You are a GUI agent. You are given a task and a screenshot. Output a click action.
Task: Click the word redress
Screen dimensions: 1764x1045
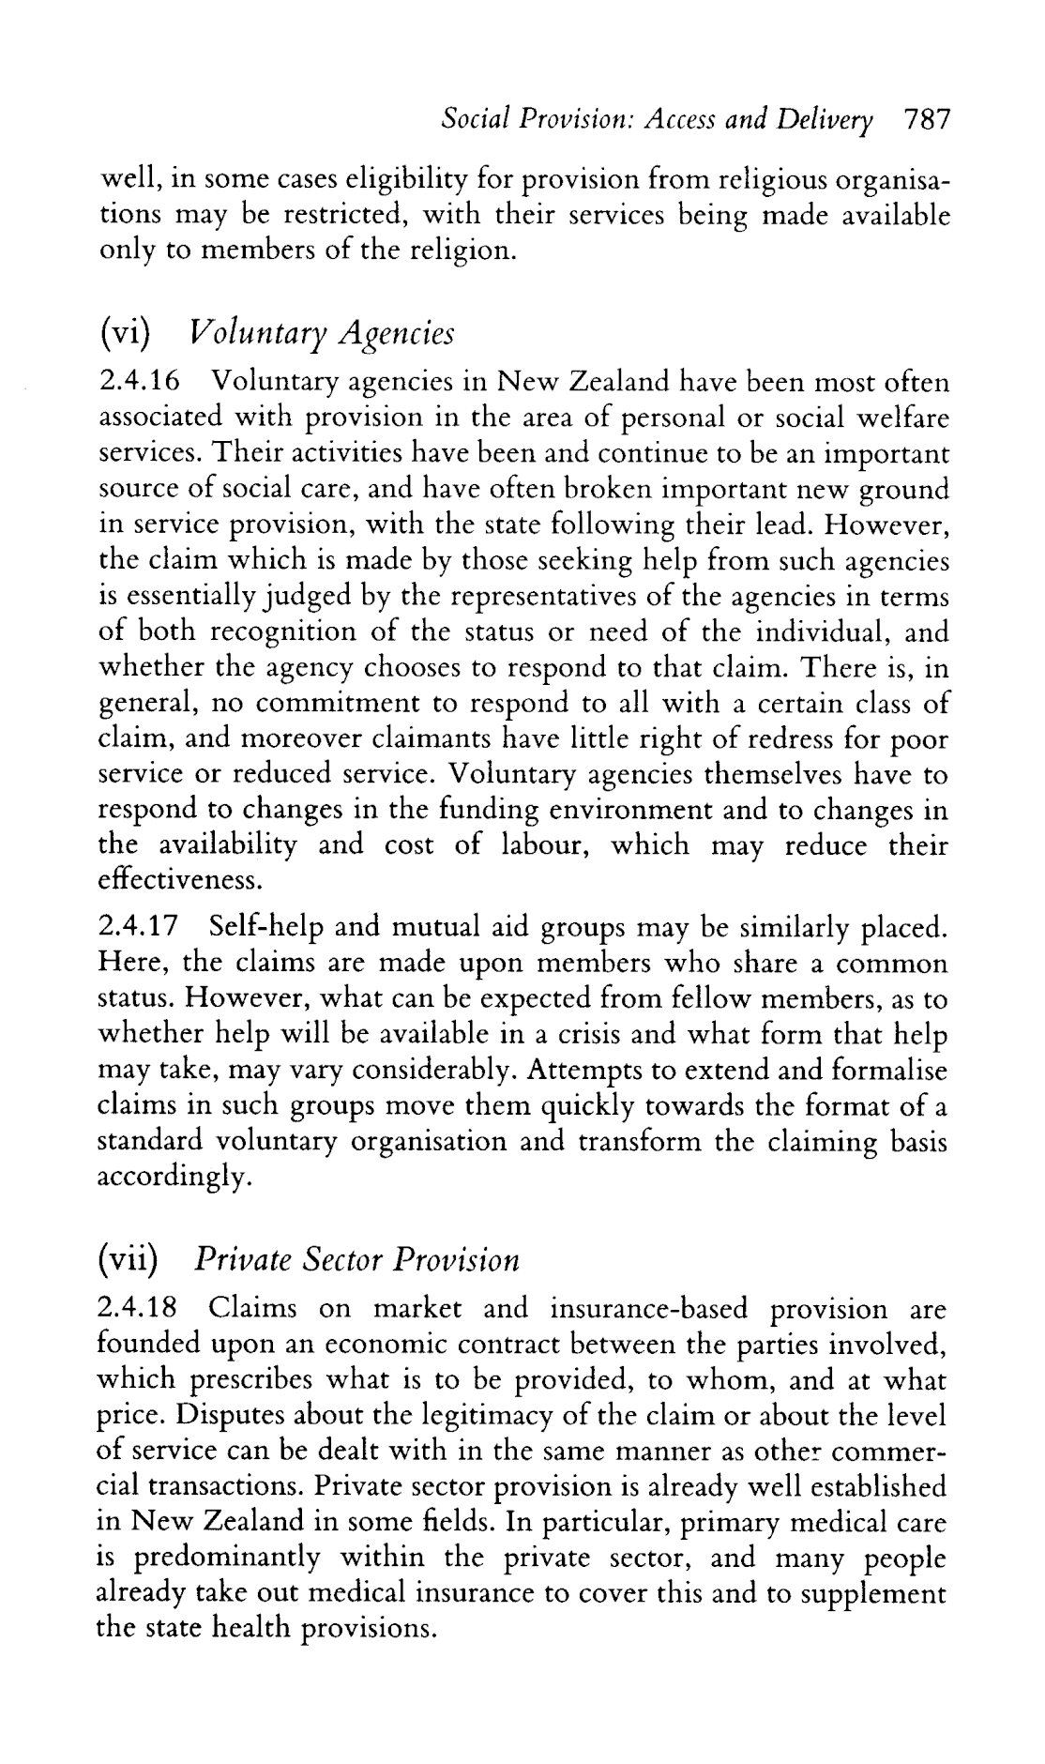773,739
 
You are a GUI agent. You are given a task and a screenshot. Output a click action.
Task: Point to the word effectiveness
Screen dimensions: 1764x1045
177,882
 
